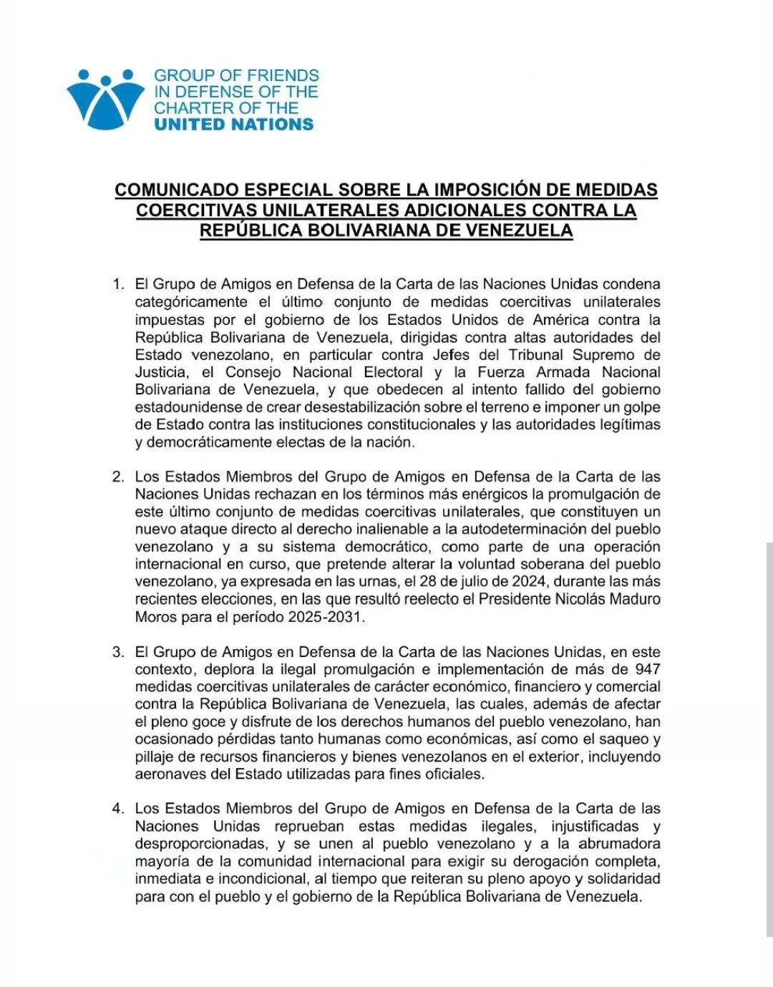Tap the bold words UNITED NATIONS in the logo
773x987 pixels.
233,125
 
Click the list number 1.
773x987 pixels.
118,285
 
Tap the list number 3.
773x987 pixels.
118,652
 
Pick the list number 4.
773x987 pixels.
118,809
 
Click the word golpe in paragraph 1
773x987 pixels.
641,407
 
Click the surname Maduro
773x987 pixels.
635,599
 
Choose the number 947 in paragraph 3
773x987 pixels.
647,670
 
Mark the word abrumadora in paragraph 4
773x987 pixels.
619,844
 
